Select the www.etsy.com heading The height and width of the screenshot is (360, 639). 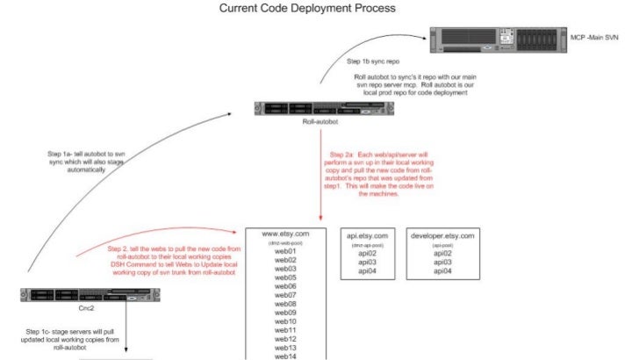coord(286,234)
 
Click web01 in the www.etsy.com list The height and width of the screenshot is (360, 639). coord(286,252)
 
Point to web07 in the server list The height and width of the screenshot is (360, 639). coord(286,295)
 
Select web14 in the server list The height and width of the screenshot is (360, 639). coord(286,356)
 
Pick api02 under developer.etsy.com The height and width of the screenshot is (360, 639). coord(442,253)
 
